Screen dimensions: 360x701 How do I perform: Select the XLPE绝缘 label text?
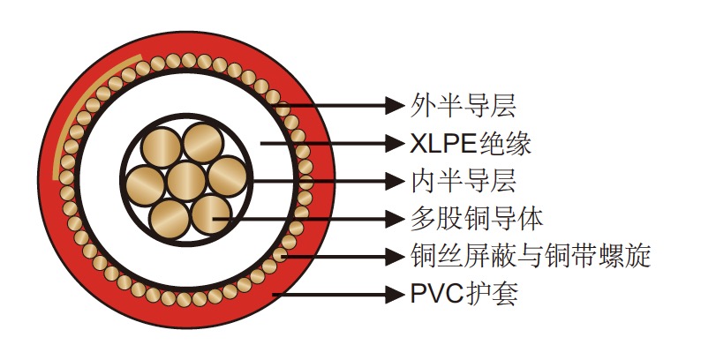(x=471, y=143)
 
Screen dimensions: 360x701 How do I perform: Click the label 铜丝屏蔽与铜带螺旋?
(x=531, y=256)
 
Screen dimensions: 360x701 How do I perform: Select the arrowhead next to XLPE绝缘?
(x=393, y=143)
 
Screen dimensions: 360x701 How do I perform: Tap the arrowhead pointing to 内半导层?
(x=393, y=181)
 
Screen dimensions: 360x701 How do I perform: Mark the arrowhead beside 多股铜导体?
(x=393, y=217)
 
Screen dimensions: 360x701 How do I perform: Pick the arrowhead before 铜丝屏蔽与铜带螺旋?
(x=393, y=257)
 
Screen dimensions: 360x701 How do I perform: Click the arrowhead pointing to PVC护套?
(x=393, y=292)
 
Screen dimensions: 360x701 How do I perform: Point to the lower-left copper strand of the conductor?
(x=170, y=214)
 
